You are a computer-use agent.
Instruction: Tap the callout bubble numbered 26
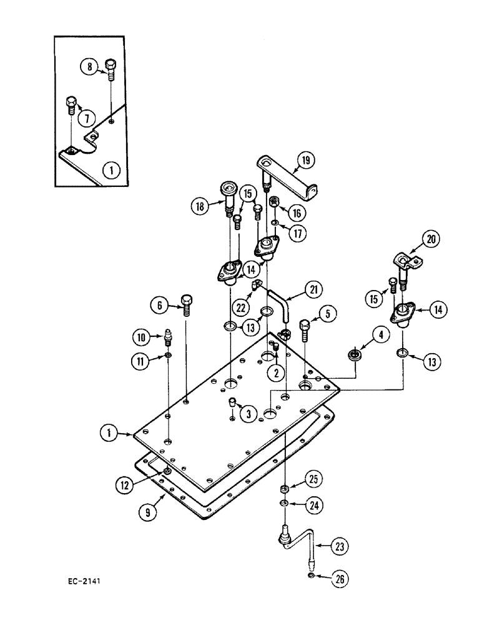pyautogui.click(x=338, y=579)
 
